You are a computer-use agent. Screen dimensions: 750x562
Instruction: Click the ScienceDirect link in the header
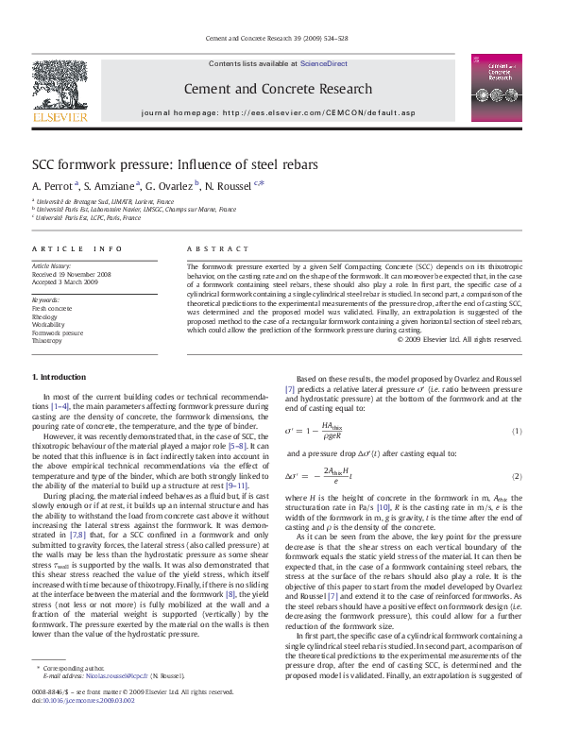(x=324, y=63)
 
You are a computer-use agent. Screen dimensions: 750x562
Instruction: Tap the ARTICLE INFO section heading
(x=77, y=248)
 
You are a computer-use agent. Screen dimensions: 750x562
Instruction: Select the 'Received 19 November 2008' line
(x=72, y=274)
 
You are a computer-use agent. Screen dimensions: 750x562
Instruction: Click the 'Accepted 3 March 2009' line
(x=64, y=281)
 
